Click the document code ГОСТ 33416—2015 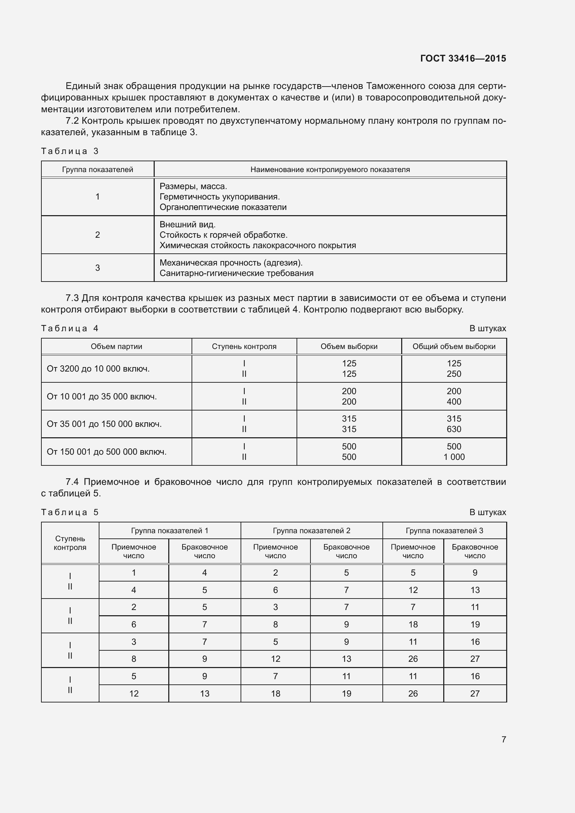463,58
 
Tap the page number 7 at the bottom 503,739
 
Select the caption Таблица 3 70,151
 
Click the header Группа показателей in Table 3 97,170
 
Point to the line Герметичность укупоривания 219,197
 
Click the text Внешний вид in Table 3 187,225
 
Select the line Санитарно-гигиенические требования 236,273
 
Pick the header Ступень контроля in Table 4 244,347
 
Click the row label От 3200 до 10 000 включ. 98,369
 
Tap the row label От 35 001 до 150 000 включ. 104,424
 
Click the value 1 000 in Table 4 454,457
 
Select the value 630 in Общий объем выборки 454,430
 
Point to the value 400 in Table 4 454,402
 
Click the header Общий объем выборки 454,347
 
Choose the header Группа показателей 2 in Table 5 311,530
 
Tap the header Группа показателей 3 444,530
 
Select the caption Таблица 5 70,512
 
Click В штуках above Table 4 487,328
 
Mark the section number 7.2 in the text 72,121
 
